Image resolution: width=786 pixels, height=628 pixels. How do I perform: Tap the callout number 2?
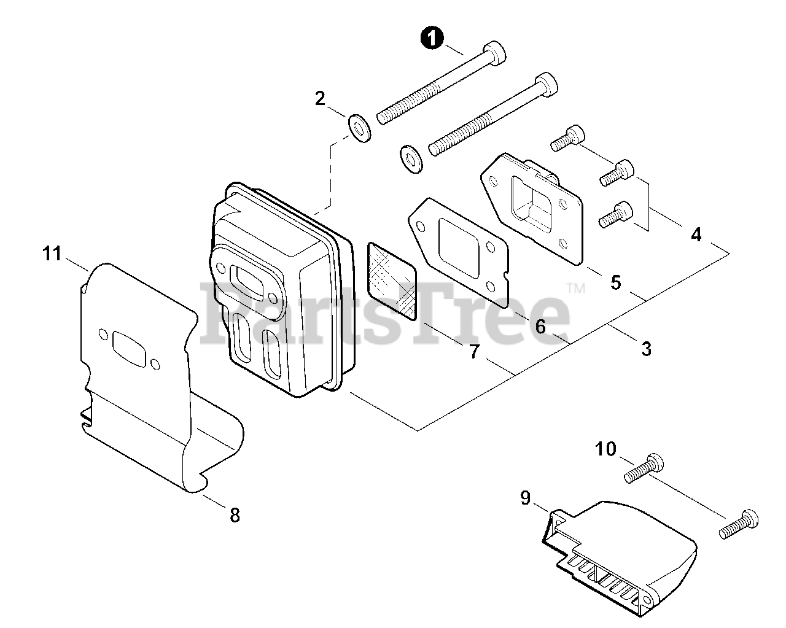click(x=320, y=98)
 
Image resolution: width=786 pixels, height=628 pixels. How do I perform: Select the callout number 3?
click(x=645, y=349)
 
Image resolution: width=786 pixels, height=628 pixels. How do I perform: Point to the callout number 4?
click(x=696, y=235)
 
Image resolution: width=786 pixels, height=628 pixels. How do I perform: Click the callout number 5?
click(x=615, y=282)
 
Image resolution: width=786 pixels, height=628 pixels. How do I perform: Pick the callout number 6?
click(x=540, y=327)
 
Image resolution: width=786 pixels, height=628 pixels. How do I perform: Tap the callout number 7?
click(x=473, y=352)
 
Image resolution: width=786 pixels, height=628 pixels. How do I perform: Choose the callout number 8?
click(x=235, y=514)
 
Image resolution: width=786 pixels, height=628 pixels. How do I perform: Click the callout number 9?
click(x=526, y=498)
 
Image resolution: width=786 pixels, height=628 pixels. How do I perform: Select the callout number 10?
click(x=605, y=449)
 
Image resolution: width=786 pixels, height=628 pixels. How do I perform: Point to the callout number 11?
click(x=53, y=253)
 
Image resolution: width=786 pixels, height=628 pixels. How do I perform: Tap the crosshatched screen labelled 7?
click(x=392, y=281)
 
